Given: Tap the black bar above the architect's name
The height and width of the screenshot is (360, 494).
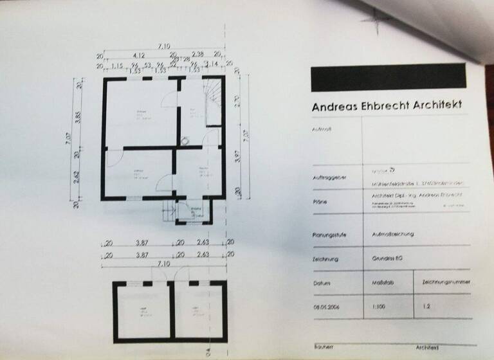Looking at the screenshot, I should [x=388, y=78].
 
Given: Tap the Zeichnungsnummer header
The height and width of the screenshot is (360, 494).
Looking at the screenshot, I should [x=445, y=282].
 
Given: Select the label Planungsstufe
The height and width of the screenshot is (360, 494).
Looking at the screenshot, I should [x=328, y=235].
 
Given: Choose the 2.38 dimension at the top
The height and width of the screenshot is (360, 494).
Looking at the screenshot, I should [x=198, y=55].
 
